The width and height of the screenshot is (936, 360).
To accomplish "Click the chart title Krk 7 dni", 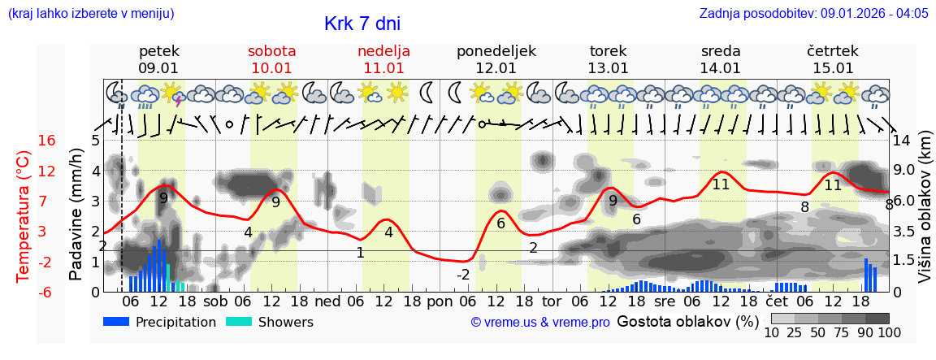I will pyautogui.click(x=362, y=24).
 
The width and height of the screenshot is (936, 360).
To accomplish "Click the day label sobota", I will pyautogui.click(x=271, y=51).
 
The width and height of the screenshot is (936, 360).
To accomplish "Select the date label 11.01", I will pyautogui.click(x=383, y=68).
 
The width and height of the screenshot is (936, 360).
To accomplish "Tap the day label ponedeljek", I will pyautogui.click(x=496, y=51).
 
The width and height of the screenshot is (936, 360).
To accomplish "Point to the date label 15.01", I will pyautogui.click(x=833, y=68).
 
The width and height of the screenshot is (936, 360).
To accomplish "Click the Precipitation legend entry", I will pyautogui.click(x=159, y=322).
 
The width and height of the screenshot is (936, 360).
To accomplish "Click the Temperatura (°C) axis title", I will pyautogui.click(x=24, y=215).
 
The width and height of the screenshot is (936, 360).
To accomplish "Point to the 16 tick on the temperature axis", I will pyautogui.click(x=47, y=141).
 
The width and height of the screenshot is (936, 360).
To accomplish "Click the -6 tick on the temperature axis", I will pyautogui.click(x=47, y=292).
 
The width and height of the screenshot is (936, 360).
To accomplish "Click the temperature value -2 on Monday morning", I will pyautogui.click(x=463, y=275).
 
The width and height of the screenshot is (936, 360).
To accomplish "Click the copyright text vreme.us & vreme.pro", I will pyautogui.click(x=540, y=322).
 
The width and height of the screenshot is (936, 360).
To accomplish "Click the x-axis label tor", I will pyautogui.click(x=552, y=301).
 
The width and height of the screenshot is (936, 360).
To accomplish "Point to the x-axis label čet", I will pyautogui.click(x=777, y=301).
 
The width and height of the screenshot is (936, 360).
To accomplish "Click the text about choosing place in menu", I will pyautogui.click(x=90, y=14).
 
